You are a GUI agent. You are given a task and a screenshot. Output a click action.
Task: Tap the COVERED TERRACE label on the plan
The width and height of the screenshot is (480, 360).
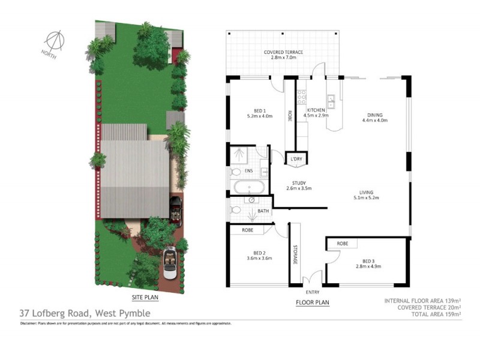coord(284,52)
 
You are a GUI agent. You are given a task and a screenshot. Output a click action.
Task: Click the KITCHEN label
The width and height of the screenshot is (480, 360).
coord(316,110)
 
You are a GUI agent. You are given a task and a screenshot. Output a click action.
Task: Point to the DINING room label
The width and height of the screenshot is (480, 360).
coord(375,115)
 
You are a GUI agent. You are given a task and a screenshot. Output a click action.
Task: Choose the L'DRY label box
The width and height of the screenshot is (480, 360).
coord(297,158)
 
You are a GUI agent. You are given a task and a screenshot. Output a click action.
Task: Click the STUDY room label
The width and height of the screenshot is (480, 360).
coord(299,183)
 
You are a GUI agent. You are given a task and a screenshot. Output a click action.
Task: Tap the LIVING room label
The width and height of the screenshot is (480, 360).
coord(365,192)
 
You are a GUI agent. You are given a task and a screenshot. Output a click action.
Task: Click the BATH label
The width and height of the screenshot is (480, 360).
coord(263,211)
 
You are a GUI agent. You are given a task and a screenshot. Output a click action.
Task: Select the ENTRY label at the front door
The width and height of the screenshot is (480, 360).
coord(312,292)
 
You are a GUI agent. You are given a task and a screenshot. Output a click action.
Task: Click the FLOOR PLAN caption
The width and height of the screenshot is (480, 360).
coord(313,302)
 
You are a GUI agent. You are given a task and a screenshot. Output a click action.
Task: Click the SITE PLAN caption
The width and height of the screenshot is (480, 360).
coord(144,297)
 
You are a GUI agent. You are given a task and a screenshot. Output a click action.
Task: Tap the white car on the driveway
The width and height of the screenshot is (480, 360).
coord(170,263)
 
